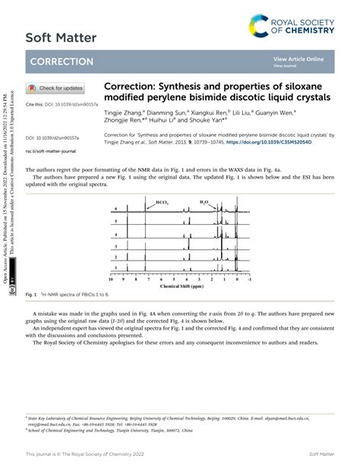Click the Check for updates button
[55, 88]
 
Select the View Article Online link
[298, 59]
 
